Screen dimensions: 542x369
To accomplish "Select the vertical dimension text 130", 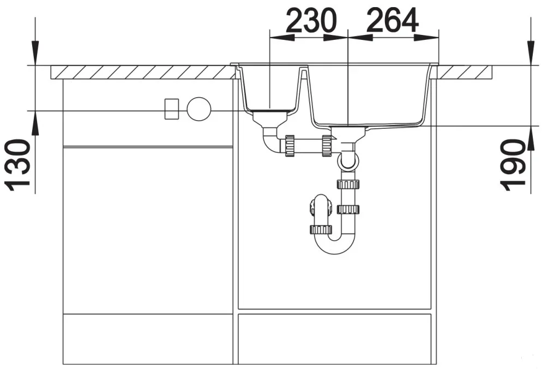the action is pos(17,165).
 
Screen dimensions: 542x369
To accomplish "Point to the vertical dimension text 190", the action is pos(513,165).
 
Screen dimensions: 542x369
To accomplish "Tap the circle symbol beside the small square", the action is pos(199,109).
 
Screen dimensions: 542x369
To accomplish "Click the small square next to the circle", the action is pos(171,109).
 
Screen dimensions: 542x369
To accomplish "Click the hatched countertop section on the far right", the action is pos(465,73).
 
